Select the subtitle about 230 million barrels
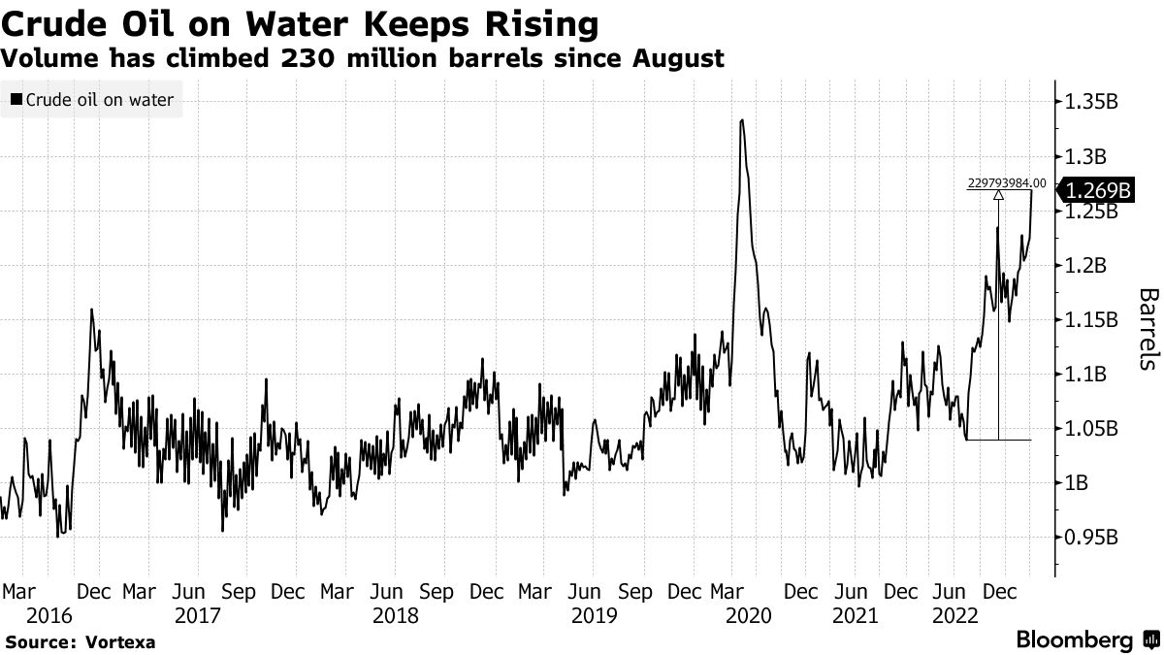(x=363, y=58)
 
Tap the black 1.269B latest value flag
(x=1096, y=189)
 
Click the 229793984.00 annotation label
(x=1007, y=182)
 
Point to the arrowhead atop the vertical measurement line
(x=998, y=195)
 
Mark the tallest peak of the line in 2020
(x=742, y=120)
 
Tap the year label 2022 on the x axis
(x=954, y=615)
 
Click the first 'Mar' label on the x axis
(x=20, y=591)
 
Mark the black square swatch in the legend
(x=16, y=99)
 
